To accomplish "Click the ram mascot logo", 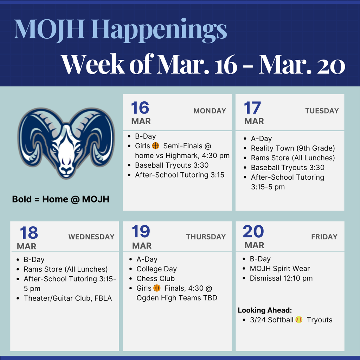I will click(x=66, y=143).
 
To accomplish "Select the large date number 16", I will click(x=140, y=108).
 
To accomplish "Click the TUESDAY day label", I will click(x=322, y=111).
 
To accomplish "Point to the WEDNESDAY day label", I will click(x=91, y=237).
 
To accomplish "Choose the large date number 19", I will click(x=141, y=232).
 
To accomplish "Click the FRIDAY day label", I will click(x=324, y=237).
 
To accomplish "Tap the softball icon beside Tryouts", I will click(x=299, y=320).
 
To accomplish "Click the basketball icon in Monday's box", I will click(x=156, y=146).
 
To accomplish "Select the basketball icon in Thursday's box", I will click(x=157, y=288).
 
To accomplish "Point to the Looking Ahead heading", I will click(x=265, y=310).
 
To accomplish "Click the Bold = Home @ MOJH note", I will click(x=60, y=199).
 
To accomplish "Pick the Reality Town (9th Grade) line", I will click(x=292, y=148).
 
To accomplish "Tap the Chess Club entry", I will click(x=155, y=278).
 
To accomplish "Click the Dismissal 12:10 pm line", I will click(x=281, y=278).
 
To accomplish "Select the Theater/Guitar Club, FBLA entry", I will click(x=67, y=298).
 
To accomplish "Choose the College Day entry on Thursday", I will click(x=156, y=269).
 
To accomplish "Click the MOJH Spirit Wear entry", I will click(x=279, y=269).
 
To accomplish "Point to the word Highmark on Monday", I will click(x=182, y=155).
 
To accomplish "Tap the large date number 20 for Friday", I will click(x=253, y=232).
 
